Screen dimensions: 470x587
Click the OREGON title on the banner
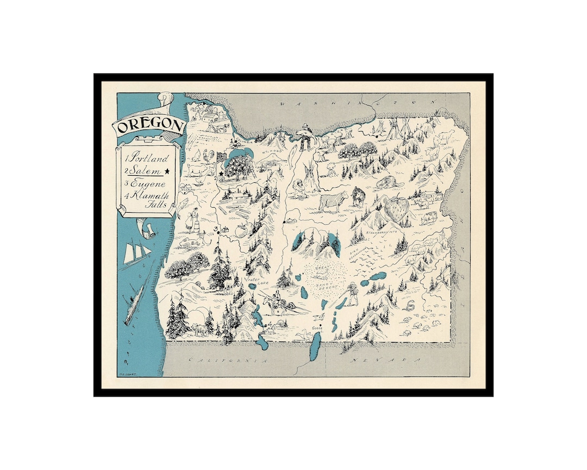pos(149,126)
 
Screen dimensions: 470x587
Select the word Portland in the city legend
pos(148,158)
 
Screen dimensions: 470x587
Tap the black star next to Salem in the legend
pos(167,171)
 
